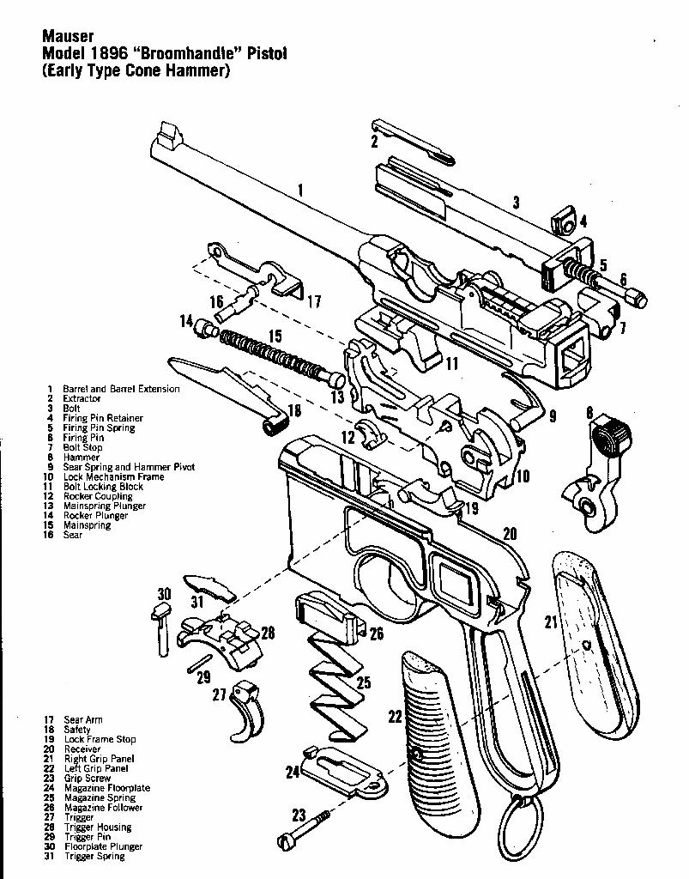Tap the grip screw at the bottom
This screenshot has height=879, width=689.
coord(309,829)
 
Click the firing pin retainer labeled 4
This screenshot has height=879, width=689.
coord(563,221)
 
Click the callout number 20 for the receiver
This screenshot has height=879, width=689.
coord(510,534)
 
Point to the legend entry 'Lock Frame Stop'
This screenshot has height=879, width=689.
coord(100,739)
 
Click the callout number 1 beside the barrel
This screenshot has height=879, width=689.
coord(301,188)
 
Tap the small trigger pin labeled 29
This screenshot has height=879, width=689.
coord(202,663)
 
